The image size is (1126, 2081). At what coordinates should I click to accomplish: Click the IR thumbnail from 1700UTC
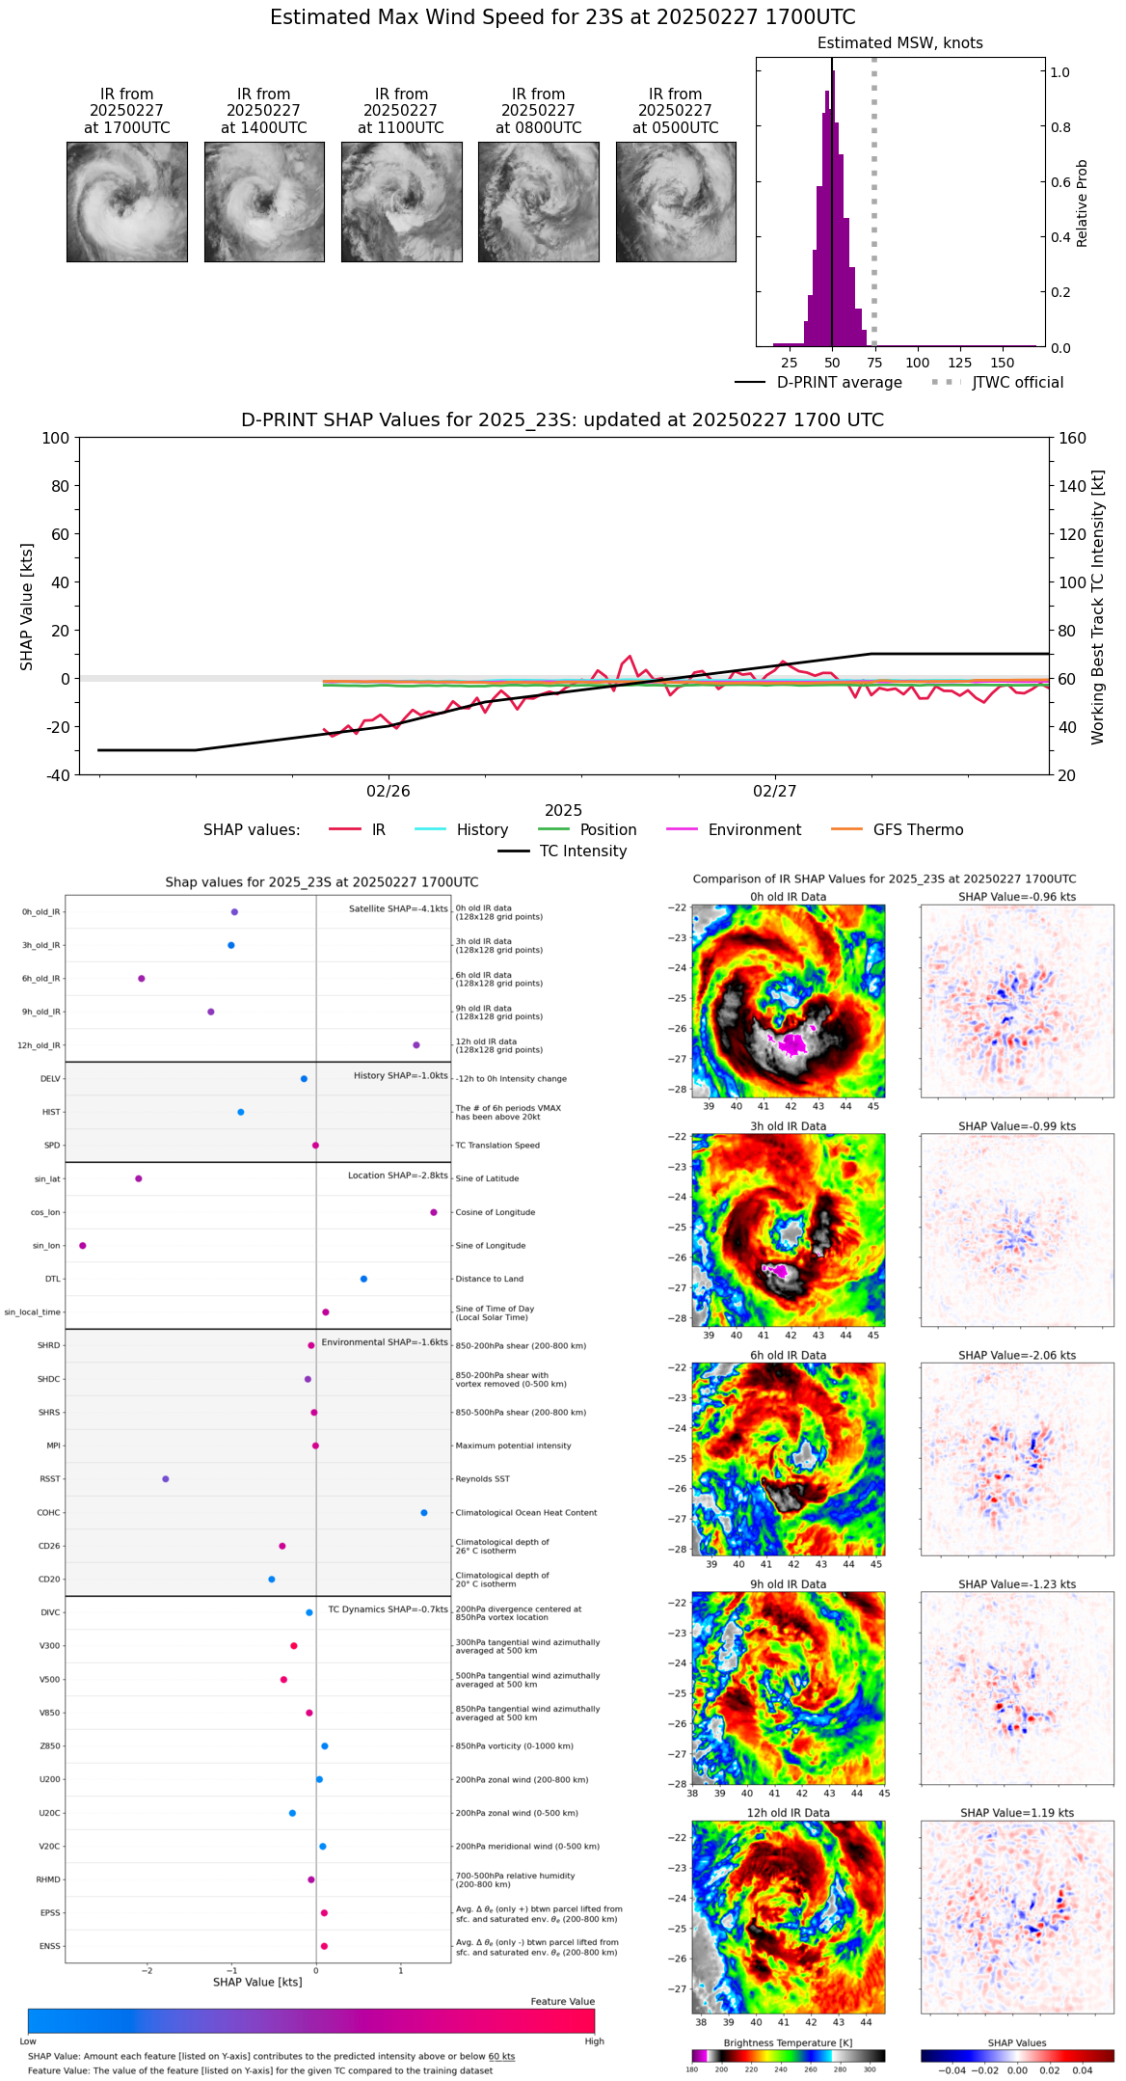point(126,202)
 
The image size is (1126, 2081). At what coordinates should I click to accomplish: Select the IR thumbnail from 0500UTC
point(676,202)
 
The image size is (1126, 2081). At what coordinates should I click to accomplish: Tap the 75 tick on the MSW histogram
point(874,363)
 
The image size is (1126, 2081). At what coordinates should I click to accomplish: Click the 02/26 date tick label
point(389,792)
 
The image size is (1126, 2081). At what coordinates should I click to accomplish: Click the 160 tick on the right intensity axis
point(1072,439)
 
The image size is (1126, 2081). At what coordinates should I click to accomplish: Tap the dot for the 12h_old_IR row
point(416,1045)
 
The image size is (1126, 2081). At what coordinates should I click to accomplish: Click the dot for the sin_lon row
point(83,1246)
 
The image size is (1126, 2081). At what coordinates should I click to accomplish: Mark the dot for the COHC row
point(424,1513)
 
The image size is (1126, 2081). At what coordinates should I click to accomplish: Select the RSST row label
point(50,1479)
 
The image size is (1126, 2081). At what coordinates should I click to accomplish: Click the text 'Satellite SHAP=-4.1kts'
point(398,909)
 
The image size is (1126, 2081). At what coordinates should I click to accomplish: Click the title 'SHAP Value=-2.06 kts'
point(1017,1356)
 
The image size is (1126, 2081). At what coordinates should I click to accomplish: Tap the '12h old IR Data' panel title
point(788,1813)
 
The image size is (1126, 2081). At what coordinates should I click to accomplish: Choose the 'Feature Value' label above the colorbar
point(562,2002)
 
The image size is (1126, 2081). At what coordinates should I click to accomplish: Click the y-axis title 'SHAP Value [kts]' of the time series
point(27,607)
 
